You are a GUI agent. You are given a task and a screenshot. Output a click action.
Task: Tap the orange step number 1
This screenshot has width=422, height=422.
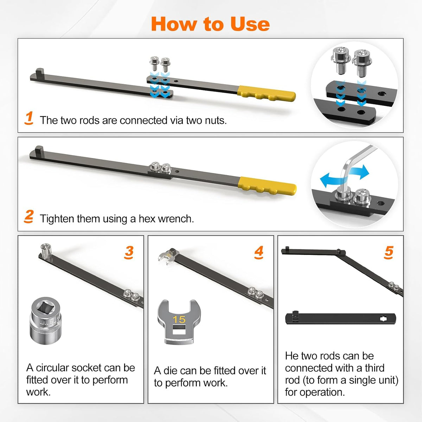pyautogui.click(x=29, y=118)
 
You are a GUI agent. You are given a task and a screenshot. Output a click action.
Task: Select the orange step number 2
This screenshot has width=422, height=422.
pyautogui.click(x=29, y=216)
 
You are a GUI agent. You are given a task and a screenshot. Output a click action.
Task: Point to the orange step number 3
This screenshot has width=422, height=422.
pyautogui.click(x=129, y=252)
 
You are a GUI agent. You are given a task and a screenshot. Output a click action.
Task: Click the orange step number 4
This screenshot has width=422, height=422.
pyautogui.click(x=258, y=252)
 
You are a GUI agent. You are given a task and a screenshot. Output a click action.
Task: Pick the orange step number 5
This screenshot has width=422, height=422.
pyautogui.click(x=389, y=252)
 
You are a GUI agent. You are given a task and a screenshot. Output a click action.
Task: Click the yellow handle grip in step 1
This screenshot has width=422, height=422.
pyautogui.click(x=267, y=94)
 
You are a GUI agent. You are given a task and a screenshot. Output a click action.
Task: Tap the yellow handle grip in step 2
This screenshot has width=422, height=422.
pyautogui.click(x=267, y=186)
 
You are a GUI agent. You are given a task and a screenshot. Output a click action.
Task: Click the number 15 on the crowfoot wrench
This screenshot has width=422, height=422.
pyautogui.click(x=179, y=320)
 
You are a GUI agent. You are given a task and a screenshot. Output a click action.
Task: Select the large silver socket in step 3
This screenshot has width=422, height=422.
pyautogui.click(x=46, y=320)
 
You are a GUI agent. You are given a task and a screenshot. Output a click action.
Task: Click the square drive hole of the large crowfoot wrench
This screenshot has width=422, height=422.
pyautogui.click(x=179, y=330)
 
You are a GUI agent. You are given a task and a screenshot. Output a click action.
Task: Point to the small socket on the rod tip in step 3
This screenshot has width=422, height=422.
pyautogui.click(x=46, y=248)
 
